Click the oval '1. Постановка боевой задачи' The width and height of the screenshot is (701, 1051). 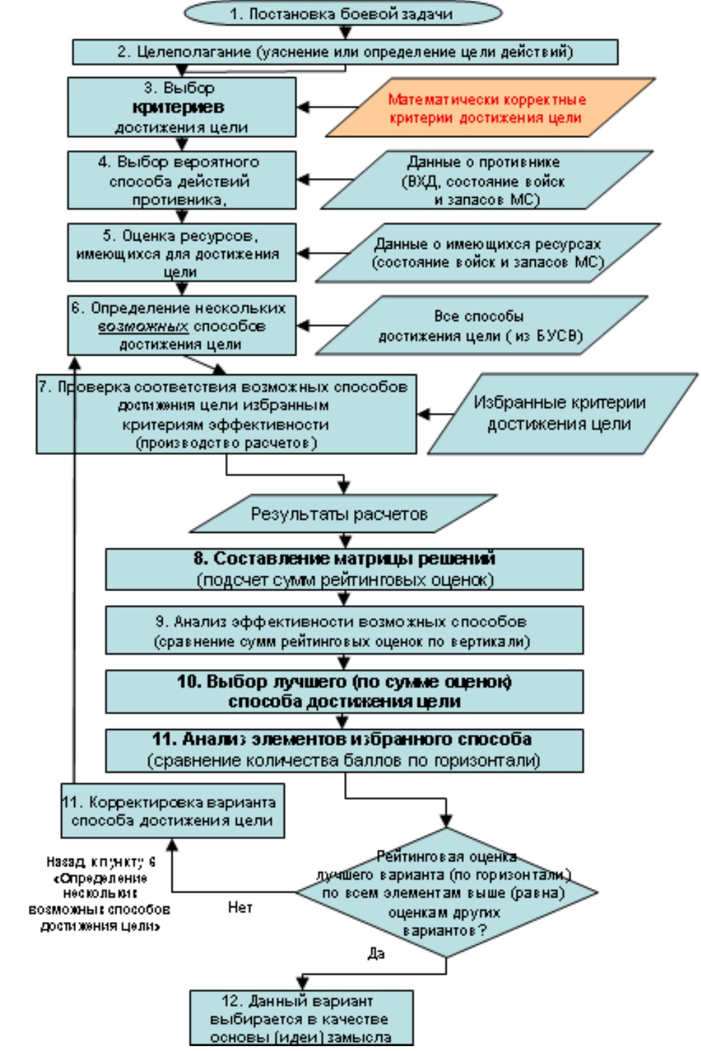click(343, 13)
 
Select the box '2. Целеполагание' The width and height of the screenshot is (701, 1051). click(345, 52)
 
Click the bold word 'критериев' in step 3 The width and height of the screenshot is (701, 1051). click(178, 107)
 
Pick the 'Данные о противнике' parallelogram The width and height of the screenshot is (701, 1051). click(485, 180)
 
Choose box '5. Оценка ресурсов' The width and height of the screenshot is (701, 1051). click(182, 252)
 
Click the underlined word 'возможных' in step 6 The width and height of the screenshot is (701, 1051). click(143, 326)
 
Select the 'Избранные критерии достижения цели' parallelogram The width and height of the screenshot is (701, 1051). click(560, 413)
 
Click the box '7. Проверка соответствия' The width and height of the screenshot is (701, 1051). click(226, 414)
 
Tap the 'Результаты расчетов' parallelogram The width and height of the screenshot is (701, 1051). click(341, 514)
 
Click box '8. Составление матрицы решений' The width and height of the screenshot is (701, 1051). click(344, 569)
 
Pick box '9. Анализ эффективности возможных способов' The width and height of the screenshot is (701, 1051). click(344, 630)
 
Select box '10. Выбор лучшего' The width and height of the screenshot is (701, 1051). click(344, 691)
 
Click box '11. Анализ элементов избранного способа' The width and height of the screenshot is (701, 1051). click(344, 750)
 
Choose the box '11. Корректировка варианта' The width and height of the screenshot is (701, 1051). click(172, 811)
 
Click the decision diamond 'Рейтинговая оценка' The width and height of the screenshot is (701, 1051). click(446, 893)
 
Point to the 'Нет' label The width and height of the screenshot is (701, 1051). click(240, 907)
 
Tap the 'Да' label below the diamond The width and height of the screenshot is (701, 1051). click(376, 954)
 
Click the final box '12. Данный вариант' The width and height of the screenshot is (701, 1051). click(301, 1018)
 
